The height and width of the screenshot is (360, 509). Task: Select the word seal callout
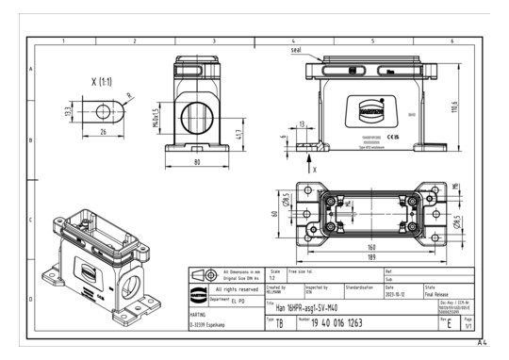[299, 50]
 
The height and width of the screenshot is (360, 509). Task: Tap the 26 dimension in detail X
[100, 131]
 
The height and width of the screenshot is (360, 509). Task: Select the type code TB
[280, 322]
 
